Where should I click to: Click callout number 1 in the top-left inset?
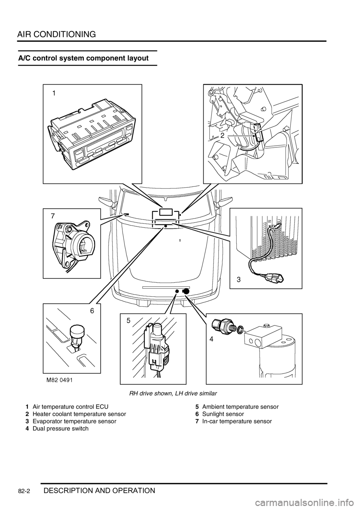click(54, 94)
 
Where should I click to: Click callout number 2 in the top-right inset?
click(222, 136)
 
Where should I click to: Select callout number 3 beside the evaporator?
click(238, 280)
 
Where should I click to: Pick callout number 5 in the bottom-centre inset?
click(128, 320)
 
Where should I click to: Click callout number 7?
click(53, 216)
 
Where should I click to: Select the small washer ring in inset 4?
click(240, 329)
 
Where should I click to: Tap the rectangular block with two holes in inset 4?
click(262, 335)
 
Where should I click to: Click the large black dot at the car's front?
click(186, 291)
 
